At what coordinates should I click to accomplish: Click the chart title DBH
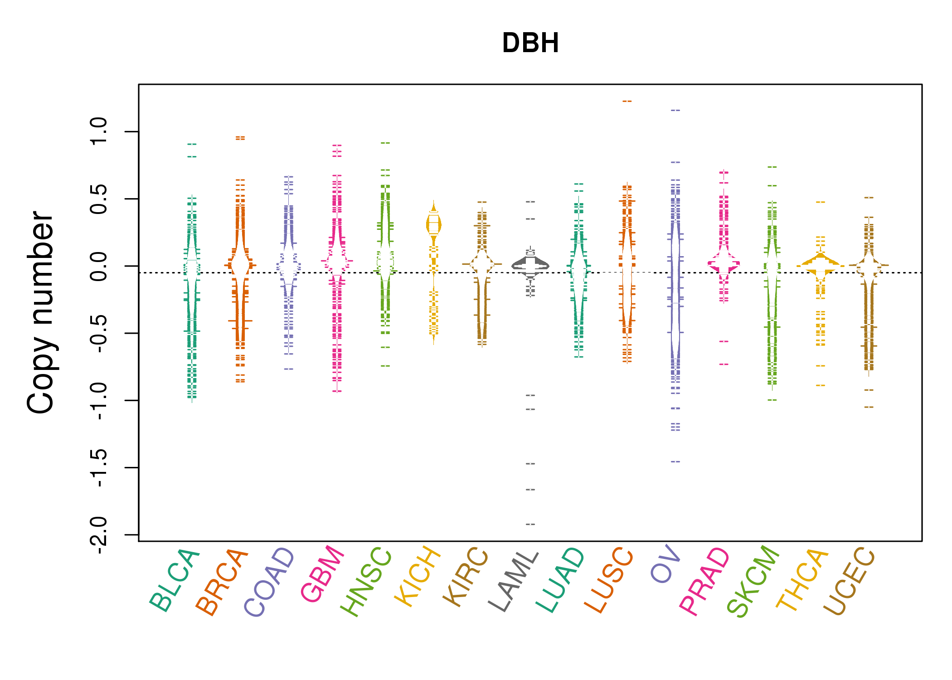click(530, 43)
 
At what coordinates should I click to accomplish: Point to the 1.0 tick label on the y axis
click(98, 131)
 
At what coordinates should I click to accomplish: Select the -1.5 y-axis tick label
click(98, 468)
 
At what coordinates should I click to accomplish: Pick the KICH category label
click(418, 577)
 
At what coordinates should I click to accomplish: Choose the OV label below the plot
click(665, 564)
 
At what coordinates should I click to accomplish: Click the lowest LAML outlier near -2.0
click(530, 525)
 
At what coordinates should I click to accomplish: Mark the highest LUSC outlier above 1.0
click(627, 102)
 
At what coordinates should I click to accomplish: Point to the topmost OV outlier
click(675, 110)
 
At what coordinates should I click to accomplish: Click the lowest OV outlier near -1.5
click(675, 461)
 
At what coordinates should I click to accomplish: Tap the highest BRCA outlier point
click(240, 137)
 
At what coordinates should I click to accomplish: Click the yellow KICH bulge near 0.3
click(434, 224)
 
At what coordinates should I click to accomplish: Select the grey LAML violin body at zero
click(530, 265)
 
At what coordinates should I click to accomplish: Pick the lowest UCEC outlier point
click(869, 407)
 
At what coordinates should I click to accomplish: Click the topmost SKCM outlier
click(772, 167)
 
